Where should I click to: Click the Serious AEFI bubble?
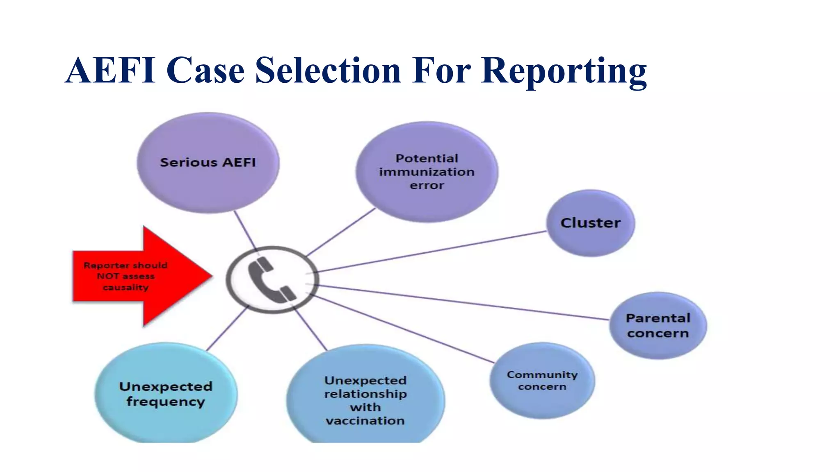pyautogui.click(x=208, y=163)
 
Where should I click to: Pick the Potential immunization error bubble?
pyautogui.click(x=427, y=172)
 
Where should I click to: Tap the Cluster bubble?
pyautogui.click(x=590, y=223)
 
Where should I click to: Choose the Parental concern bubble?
pyautogui.click(x=658, y=325)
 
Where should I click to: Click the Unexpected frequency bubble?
pyautogui.click(x=166, y=393)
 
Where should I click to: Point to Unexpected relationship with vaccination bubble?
pyautogui.click(x=365, y=399)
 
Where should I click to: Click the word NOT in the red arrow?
pyautogui.click(x=107, y=276)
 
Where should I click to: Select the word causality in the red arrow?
pyautogui.click(x=126, y=287)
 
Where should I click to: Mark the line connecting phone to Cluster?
pyautogui.click(x=431, y=252)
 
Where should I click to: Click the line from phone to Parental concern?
pyautogui.click(x=459, y=302)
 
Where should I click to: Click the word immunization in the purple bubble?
pyautogui.click(x=427, y=172)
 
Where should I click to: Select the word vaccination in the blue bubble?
pyautogui.click(x=365, y=421)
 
